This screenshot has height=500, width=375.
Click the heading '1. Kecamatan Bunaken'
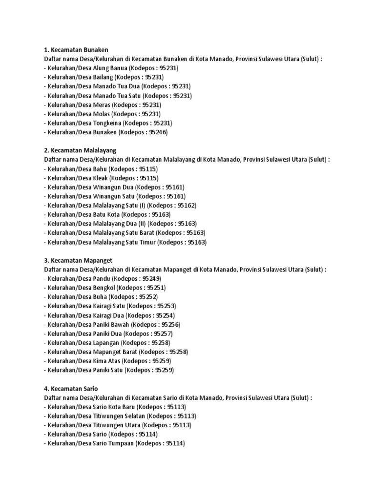click(76, 49)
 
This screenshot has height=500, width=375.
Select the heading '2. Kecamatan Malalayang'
click(80, 150)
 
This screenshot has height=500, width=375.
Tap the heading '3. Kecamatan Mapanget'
click(78, 260)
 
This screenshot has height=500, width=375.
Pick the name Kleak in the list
click(100, 178)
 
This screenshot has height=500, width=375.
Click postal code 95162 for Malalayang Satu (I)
click(187, 205)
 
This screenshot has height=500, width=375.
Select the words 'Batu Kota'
click(105, 214)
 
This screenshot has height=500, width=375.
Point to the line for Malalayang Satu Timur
click(125, 242)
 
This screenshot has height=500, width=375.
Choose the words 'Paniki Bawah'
click(111, 324)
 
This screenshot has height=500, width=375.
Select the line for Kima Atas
click(109, 361)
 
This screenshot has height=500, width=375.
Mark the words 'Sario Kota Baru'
click(114, 407)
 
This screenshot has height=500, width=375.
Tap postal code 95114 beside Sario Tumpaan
click(174, 443)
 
